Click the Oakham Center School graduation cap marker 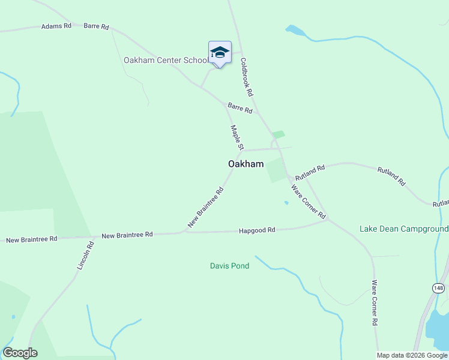pos(220,53)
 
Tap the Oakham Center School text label pos(166,60)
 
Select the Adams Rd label pos(56,26)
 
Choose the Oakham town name pos(246,164)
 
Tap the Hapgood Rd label pos(256,230)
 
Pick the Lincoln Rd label pos(85,254)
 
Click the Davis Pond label pos(229,266)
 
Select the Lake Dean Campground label pos(403,229)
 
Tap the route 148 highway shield pos(439,289)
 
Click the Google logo pos(20,353)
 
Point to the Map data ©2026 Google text pos(412,355)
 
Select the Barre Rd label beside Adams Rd pos(96,26)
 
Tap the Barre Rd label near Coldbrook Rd pos(240,108)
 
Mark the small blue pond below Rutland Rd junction pos(286,203)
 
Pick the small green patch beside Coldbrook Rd pos(278,135)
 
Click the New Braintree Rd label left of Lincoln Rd pos(31,239)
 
